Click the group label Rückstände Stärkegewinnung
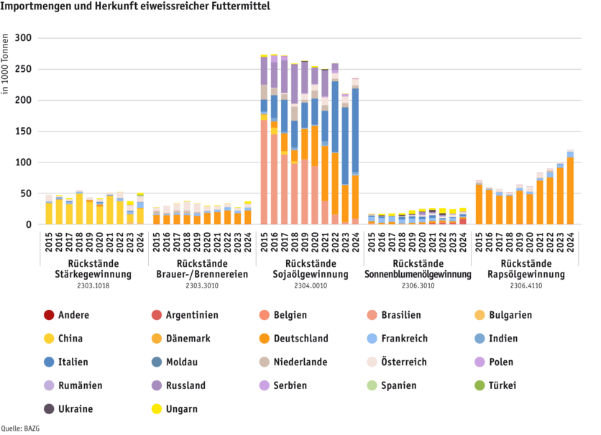coord(93,268)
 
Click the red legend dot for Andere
coord(49,315)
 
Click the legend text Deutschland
coord(308,339)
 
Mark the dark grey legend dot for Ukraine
coord(49,409)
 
